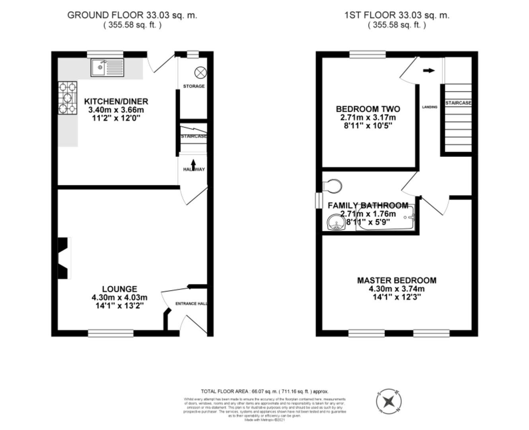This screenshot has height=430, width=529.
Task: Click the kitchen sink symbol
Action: (107, 68)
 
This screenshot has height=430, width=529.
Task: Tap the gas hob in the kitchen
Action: (68, 98)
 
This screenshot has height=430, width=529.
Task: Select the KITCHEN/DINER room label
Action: (116, 101)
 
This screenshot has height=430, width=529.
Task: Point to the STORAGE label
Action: (194, 86)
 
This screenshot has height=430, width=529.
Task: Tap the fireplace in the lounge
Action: (64, 258)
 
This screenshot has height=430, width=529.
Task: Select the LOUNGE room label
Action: (119, 289)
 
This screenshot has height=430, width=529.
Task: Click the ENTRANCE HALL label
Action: (191, 304)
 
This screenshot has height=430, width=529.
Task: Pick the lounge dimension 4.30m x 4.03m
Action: (119, 297)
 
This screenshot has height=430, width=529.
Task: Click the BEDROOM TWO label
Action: (368, 109)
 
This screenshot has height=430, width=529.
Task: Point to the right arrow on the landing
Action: (429, 70)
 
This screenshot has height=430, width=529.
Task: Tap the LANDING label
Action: (429, 107)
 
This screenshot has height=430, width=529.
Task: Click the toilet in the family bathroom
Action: (333, 185)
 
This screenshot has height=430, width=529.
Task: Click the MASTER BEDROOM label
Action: (397, 280)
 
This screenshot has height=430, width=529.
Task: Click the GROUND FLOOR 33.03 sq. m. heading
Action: (132, 15)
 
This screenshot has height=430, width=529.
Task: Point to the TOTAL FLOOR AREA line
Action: (264, 391)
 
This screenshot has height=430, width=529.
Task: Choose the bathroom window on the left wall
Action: (319, 200)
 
